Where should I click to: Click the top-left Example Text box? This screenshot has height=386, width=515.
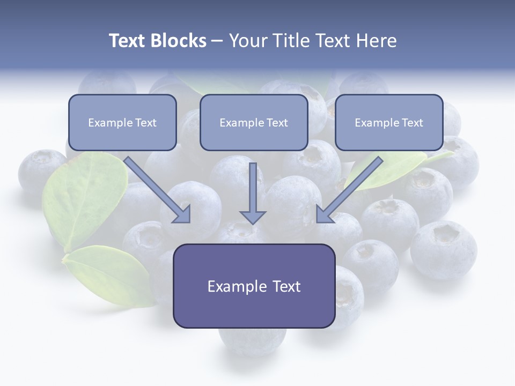(122, 122)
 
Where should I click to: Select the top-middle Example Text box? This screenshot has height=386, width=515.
(253, 122)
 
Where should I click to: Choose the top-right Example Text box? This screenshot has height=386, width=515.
(389, 122)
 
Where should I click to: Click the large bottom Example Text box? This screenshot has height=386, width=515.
(254, 286)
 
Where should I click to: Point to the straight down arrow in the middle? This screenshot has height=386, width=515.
(253, 190)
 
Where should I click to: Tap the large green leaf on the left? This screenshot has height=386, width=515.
(80, 198)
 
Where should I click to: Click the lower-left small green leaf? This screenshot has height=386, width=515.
(107, 273)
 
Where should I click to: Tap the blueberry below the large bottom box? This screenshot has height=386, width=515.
(252, 340)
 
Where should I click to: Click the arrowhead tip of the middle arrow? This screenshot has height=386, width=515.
(253, 222)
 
